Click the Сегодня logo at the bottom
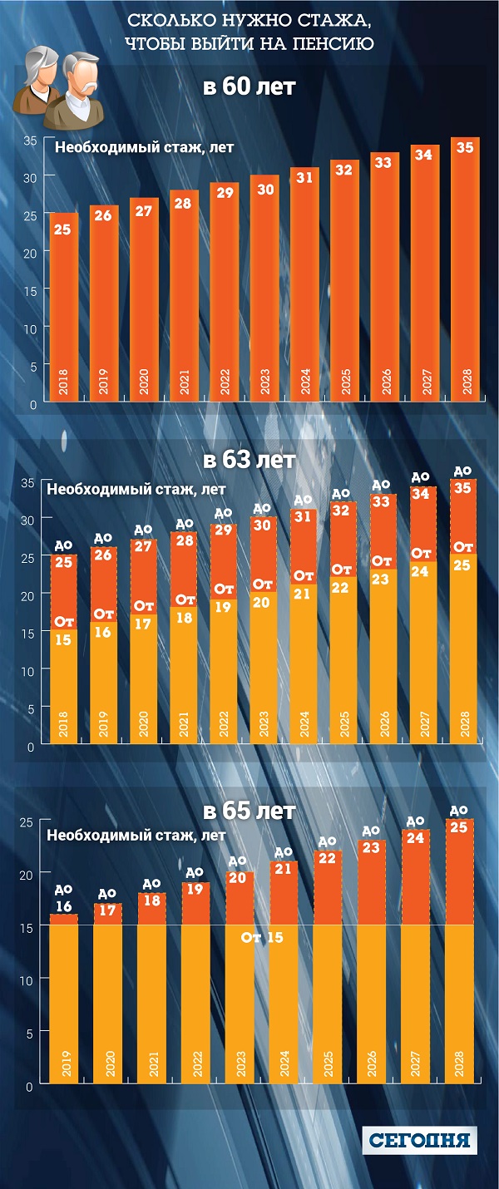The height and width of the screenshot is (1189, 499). click(420, 1139)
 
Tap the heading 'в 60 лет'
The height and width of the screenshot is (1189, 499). click(249, 86)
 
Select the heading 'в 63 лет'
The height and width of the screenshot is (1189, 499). click(249, 460)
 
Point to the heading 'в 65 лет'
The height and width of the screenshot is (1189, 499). click(249, 811)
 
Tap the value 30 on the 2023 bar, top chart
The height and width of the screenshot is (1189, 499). click(264, 189)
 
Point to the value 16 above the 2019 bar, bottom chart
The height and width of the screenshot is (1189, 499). click(64, 906)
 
